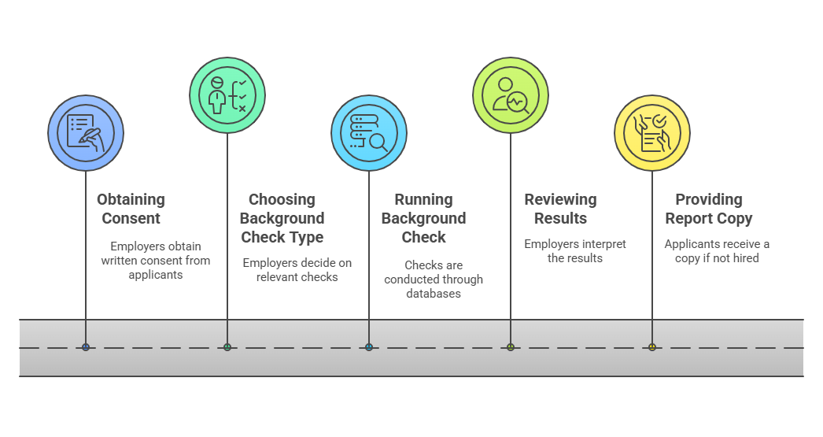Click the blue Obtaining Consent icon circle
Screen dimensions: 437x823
[86, 133]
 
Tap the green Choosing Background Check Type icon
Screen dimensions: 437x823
[227, 94]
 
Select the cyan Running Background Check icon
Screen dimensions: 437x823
[369, 133]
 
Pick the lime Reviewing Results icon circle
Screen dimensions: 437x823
[511, 94]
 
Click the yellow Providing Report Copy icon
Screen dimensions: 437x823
[652, 133]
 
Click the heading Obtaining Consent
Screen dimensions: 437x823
[131, 209]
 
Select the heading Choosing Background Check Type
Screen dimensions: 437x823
[282, 218]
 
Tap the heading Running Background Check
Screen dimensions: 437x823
[423, 218]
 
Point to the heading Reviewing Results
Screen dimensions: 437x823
[560, 209]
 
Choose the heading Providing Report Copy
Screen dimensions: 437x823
[708, 209]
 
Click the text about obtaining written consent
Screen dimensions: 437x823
[156, 261]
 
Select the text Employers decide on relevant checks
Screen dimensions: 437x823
[297, 270]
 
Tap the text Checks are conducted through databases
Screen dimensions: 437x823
[434, 280]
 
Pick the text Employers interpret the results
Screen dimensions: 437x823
[575, 251]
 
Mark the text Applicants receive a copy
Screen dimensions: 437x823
[717, 251]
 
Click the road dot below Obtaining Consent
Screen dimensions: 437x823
[86, 347]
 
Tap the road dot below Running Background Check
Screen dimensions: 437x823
[369, 347]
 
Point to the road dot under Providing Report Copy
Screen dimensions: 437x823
[652, 347]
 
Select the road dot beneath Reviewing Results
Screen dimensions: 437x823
[511, 347]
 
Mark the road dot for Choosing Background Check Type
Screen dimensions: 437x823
[227, 347]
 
